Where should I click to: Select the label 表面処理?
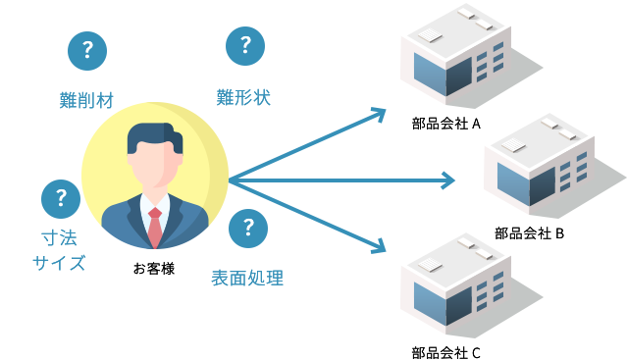point(247,278)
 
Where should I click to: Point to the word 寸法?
point(59,237)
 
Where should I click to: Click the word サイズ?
point(59,263)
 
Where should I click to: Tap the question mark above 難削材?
point(87,48)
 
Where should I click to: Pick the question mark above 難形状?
point(244,43)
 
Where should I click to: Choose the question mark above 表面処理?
point(248,228)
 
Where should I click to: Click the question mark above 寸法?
point(60,197)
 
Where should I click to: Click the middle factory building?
point(539,161)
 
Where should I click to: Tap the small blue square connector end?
point(448,180)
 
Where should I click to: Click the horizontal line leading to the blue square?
point(412,180)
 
